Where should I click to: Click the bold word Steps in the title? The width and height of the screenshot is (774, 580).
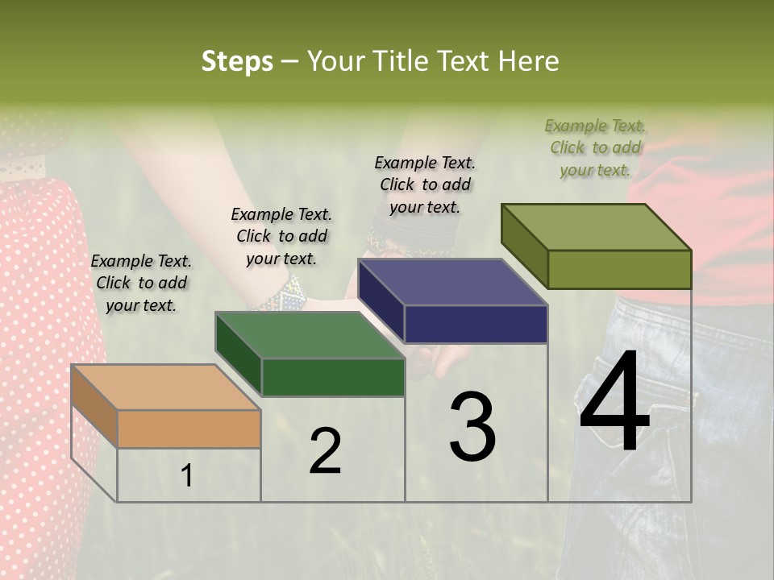tap(237, 61)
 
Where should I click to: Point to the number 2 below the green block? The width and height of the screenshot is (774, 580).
tap(325, 450)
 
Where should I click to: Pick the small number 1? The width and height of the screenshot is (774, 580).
tap(187, 476)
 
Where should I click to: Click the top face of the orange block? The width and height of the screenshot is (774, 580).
tap(165, 387)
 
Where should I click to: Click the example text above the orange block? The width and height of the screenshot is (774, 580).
tap(141, 283)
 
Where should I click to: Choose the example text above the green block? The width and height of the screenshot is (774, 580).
tap(281, 236)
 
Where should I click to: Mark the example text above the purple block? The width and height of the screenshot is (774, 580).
tap(425, 184)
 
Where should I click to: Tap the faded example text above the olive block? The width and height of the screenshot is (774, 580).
tap(595, 147)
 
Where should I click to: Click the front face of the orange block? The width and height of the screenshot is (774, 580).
tap(189, 429)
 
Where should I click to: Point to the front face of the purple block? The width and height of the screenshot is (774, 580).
tap(476, 324)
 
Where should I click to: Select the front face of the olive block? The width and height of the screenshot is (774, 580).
tap(619, 269)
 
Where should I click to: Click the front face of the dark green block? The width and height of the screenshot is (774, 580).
tap(332, 377)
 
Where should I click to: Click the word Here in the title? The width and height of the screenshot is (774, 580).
tap(529, 61)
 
